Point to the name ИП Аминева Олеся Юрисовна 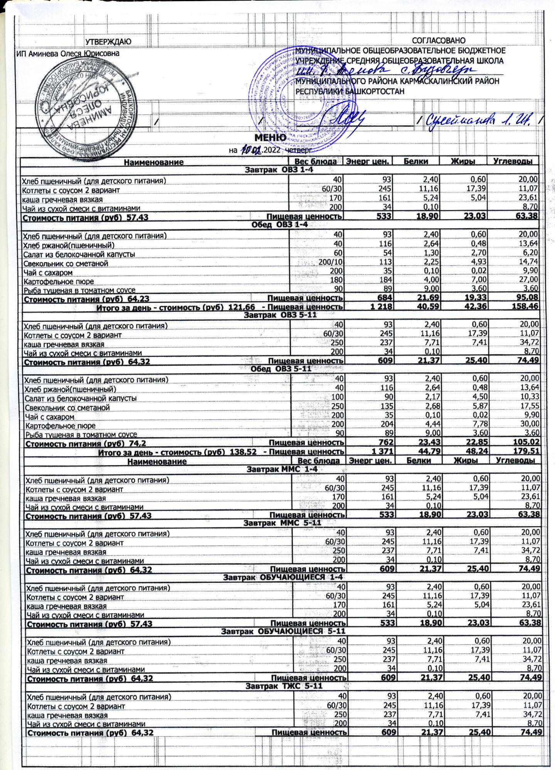(x=67, y=54)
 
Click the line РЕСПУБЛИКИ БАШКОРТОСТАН (x=350, y=91)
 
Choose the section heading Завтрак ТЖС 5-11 (x=284, y=686)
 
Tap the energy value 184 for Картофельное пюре (x=385, y=281)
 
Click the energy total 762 (x=386, y=442)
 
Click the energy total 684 (x=385, y=298)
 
